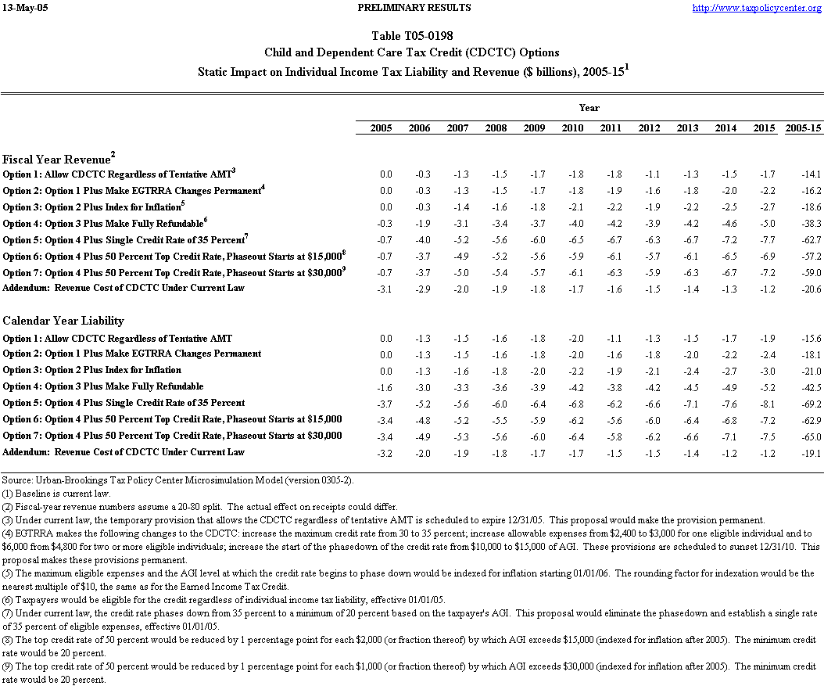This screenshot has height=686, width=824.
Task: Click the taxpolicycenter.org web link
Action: (x=755, y=8)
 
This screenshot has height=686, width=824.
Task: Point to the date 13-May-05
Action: (x=25, y=8)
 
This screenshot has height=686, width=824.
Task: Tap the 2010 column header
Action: (x=572, y=128)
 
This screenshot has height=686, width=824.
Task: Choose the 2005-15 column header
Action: (x=803, y=128)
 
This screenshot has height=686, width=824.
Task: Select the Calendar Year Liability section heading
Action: (x=63, y=321)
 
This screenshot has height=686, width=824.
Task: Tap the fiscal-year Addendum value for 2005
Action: (x=385, y=289)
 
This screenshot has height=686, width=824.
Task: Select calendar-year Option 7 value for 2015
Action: (x=767, y=436)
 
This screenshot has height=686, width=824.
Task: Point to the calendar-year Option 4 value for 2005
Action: (x=385, y=387)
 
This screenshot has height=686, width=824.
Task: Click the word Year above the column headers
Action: (x=589, y=107)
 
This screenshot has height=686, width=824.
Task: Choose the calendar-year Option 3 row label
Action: (x=92, y=370)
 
